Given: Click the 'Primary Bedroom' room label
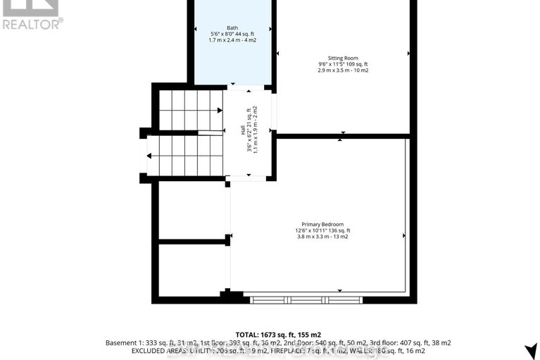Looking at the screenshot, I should [x=322, y=224].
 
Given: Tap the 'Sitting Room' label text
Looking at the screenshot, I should [x=343, y=58].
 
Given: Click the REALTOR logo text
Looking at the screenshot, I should [x=32, y=23].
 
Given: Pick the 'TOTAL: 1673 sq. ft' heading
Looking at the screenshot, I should [x=265, y=334].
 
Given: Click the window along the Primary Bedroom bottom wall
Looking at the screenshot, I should [x=306, y=299].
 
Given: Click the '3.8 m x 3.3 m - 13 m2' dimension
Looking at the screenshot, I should [x=322, y=237].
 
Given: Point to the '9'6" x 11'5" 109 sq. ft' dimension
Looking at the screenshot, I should [x=343, y=64].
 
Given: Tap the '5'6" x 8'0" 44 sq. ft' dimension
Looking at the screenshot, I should [x=232, y=33].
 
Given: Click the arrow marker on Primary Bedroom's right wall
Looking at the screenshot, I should [x=404, y=235].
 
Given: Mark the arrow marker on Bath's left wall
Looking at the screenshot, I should [x=196, y=29].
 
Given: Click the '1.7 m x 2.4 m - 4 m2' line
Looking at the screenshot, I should [x=232, y=39].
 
